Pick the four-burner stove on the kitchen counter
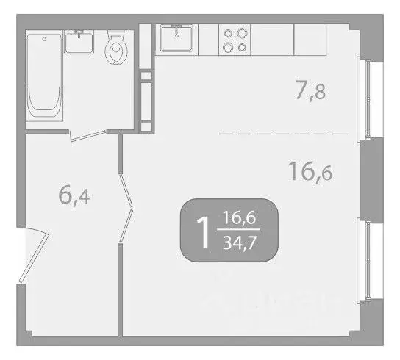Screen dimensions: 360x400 click(235, 39)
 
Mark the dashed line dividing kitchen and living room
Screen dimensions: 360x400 click(283, 134)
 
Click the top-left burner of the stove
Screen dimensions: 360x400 click(229, 33)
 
